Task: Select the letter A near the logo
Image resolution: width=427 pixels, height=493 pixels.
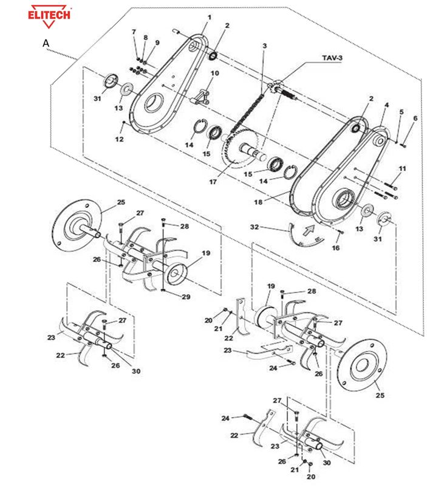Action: point(46,44)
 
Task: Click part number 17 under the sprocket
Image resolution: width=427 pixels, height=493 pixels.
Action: point(213,181)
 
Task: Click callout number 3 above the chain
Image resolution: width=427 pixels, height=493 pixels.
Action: point(264,46)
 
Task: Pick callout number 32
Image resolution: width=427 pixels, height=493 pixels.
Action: point(254,226)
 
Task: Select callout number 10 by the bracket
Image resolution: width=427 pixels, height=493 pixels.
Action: point(214,73)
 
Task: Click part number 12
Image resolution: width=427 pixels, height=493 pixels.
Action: point(119,139)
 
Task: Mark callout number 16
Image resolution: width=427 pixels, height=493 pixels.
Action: point(335,248)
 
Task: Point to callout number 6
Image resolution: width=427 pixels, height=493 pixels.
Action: point(415,118)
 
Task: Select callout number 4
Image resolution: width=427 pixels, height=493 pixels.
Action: point(386,105)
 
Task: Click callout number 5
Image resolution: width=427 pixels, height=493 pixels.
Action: point(401,112)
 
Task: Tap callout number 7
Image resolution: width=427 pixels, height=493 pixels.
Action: point(134,31)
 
